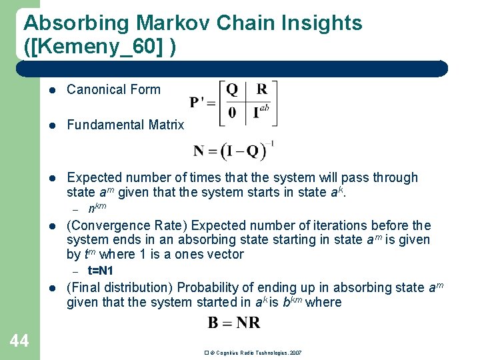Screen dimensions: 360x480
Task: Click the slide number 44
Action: point(19,341)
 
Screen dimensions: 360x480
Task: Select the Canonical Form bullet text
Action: point(113,90)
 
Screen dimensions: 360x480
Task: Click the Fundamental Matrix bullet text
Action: point(125,125)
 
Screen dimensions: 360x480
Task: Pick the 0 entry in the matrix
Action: point(232,112)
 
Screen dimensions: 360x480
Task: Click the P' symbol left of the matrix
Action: point(201,102)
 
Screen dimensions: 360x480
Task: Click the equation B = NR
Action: point(234,323)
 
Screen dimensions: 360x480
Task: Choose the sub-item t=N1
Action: point(101,271)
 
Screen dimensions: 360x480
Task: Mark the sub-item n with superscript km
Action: point(97,207)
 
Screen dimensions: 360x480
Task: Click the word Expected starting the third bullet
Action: point(94,177)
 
